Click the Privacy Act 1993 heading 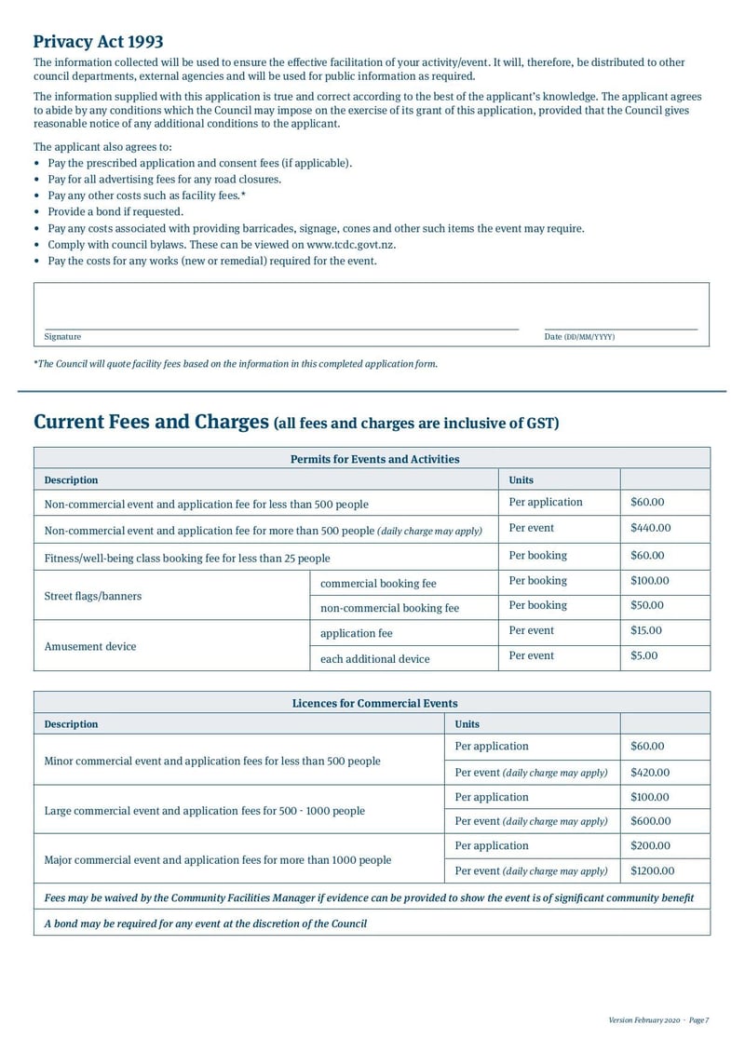(x=98, y=42)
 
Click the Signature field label (x=62, y=337)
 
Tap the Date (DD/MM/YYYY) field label (x=579, y=337)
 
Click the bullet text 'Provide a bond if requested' (x=115, y=211)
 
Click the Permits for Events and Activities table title (x=374, y=459)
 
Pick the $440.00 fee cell (x=650, y=529)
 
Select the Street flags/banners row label (x=93, y=596)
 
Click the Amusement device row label (x=90, y=646)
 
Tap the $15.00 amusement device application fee (x=646, y=631)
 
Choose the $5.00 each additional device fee (x=643, y=656)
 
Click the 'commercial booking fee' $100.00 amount (x=649, y=581)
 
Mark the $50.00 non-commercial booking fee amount (x=646, y=606)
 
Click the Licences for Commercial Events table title (x=374, y=703)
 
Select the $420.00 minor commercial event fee (x=649, y=773)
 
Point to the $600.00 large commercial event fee (x=649, y=822)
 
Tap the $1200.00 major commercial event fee (x=652, y=871)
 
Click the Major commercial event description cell (x=218, y=860)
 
